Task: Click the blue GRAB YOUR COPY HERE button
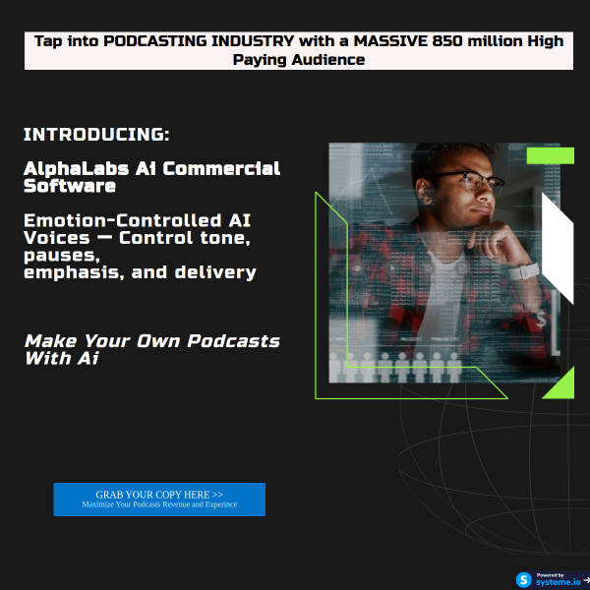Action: click(159, 500)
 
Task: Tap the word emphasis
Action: click(69, 272)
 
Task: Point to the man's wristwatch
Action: click(529, 269)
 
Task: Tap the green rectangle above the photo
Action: click(550, 155)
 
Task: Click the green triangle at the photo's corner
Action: click(560, 384)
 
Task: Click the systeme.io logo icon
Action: click(524, 579)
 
